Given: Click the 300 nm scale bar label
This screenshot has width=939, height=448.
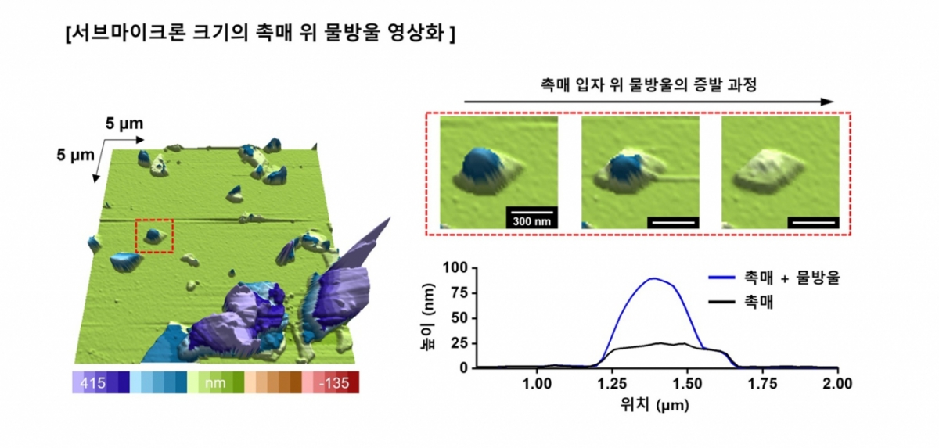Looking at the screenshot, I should pos(531,221).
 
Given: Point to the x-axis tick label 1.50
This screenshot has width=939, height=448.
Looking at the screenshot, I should pos(689,384).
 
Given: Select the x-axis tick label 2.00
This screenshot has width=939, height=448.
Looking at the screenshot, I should pos(837,384).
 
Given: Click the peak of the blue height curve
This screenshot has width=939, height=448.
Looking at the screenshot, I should pos(651,278).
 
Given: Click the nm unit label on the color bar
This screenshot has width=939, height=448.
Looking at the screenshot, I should pos(214,382).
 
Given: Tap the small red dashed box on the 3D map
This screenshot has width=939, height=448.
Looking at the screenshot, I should pos(154,236).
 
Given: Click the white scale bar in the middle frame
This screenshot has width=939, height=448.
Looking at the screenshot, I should pos(672,222).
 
